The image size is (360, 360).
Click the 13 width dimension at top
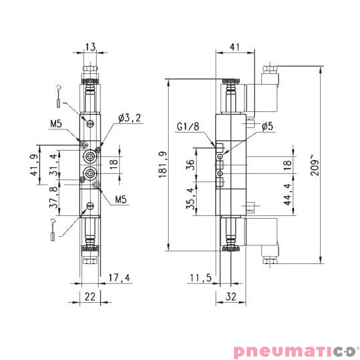point(91,47)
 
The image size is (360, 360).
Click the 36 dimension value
point(190,165)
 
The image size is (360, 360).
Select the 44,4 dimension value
point(287,198)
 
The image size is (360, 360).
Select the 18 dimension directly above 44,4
point(287,164)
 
